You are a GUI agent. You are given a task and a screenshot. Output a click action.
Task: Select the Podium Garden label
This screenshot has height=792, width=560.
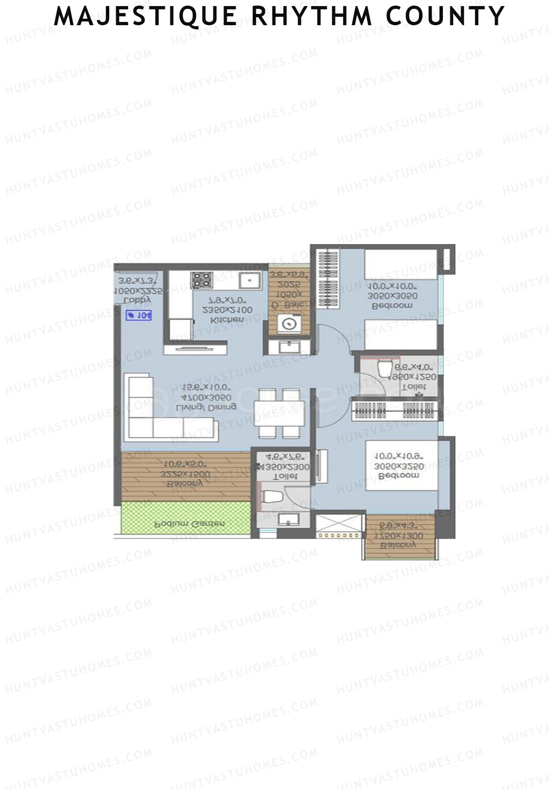[x=190, y=524]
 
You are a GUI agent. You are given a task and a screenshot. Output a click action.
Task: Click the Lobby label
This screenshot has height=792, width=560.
[x=140, y=299]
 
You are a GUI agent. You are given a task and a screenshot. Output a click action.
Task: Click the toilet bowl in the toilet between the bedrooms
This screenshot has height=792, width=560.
[x=385, y=369]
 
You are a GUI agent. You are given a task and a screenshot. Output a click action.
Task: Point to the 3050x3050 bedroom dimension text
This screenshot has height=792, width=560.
[x=392, y=296]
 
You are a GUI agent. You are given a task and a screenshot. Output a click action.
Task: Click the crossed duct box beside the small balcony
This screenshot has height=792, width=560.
[x=339, y=526]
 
